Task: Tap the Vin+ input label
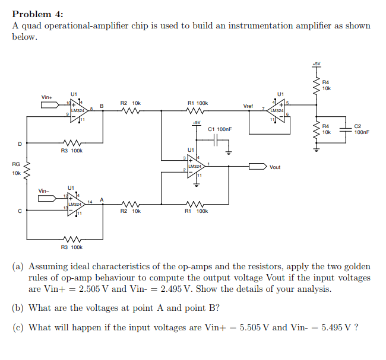click(x=47, y=97)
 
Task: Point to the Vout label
click(x=275, y=167)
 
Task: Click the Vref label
click(x=248, y=106)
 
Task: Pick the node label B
click(x=102, y=106)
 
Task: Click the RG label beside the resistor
click(x=16, y=164)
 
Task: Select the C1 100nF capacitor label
click(x=220, y=129)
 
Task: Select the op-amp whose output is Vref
click(x=277, y=110)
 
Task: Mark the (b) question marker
click(x=18, y=308)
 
